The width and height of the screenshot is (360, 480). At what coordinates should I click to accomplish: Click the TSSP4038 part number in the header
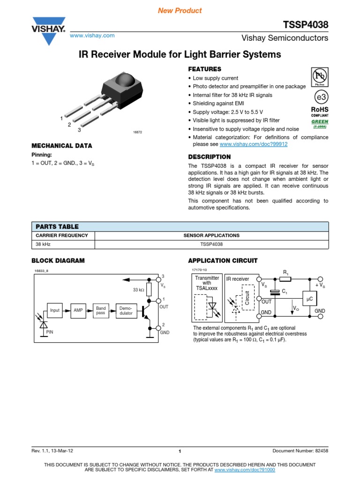click(306, 25)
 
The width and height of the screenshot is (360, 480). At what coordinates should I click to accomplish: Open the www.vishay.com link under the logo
click(92, 36)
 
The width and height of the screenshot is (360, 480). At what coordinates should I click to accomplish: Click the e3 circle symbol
click(320, 97)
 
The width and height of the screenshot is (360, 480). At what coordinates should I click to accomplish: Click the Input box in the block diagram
click(55, 310)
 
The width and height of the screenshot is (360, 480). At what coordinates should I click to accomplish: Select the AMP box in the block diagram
click(78, 310)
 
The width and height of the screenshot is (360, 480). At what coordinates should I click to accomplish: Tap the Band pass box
click(101, 310)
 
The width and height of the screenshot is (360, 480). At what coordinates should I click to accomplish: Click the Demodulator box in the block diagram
click(126, 310)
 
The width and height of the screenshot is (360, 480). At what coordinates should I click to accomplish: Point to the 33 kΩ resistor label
click(139, 290)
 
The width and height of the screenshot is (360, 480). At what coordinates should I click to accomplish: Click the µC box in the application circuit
click(309, 299)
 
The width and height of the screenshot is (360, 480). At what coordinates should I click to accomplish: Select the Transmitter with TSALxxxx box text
click(206, 283)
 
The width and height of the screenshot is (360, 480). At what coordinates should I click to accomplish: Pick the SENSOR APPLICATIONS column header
click(211, 235)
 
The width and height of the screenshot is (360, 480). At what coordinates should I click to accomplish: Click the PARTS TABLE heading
click(55, 226)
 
